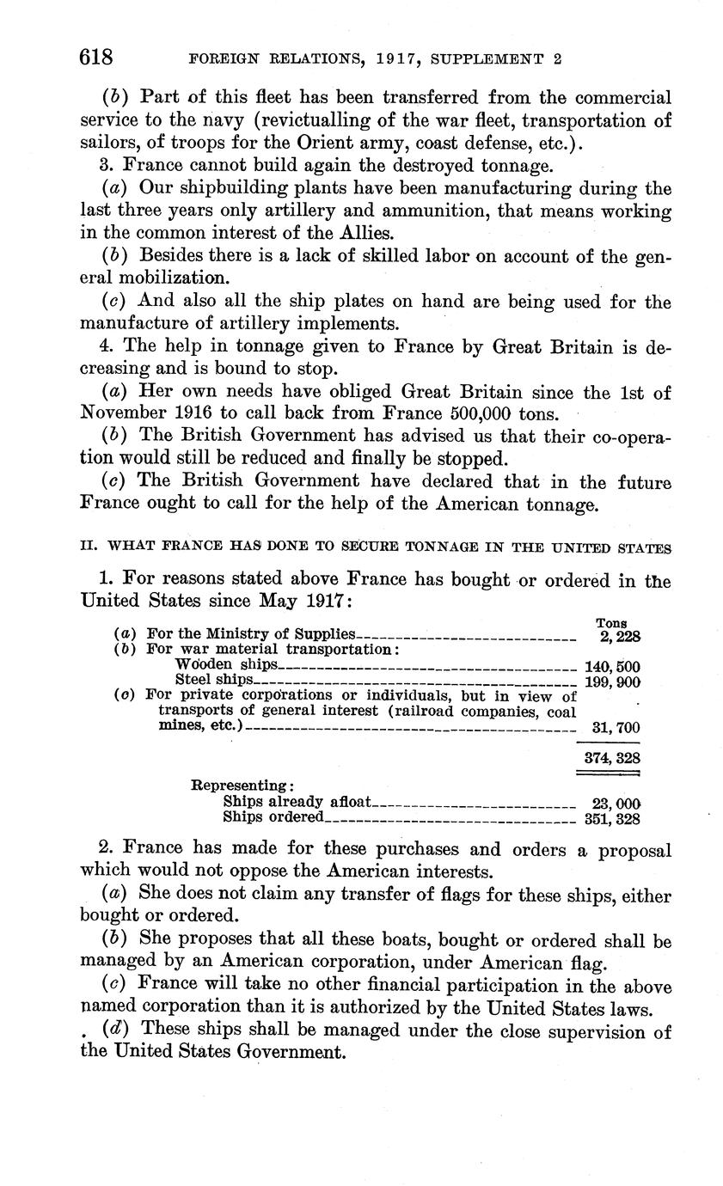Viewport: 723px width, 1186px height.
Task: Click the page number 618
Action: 96,57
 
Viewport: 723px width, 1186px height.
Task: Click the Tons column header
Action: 610,623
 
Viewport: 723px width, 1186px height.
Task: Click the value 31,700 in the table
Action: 616,728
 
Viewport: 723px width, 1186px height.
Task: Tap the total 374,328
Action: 611,758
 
